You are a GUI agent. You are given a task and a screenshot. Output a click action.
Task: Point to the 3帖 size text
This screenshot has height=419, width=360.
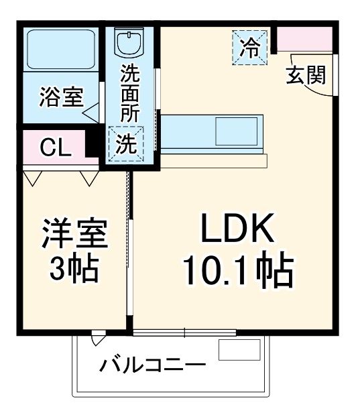(73, 270)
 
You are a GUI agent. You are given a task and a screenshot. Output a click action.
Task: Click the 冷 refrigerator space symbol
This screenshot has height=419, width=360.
(250, 47)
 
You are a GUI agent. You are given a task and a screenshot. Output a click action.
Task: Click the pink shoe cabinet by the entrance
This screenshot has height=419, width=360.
(305, 40)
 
